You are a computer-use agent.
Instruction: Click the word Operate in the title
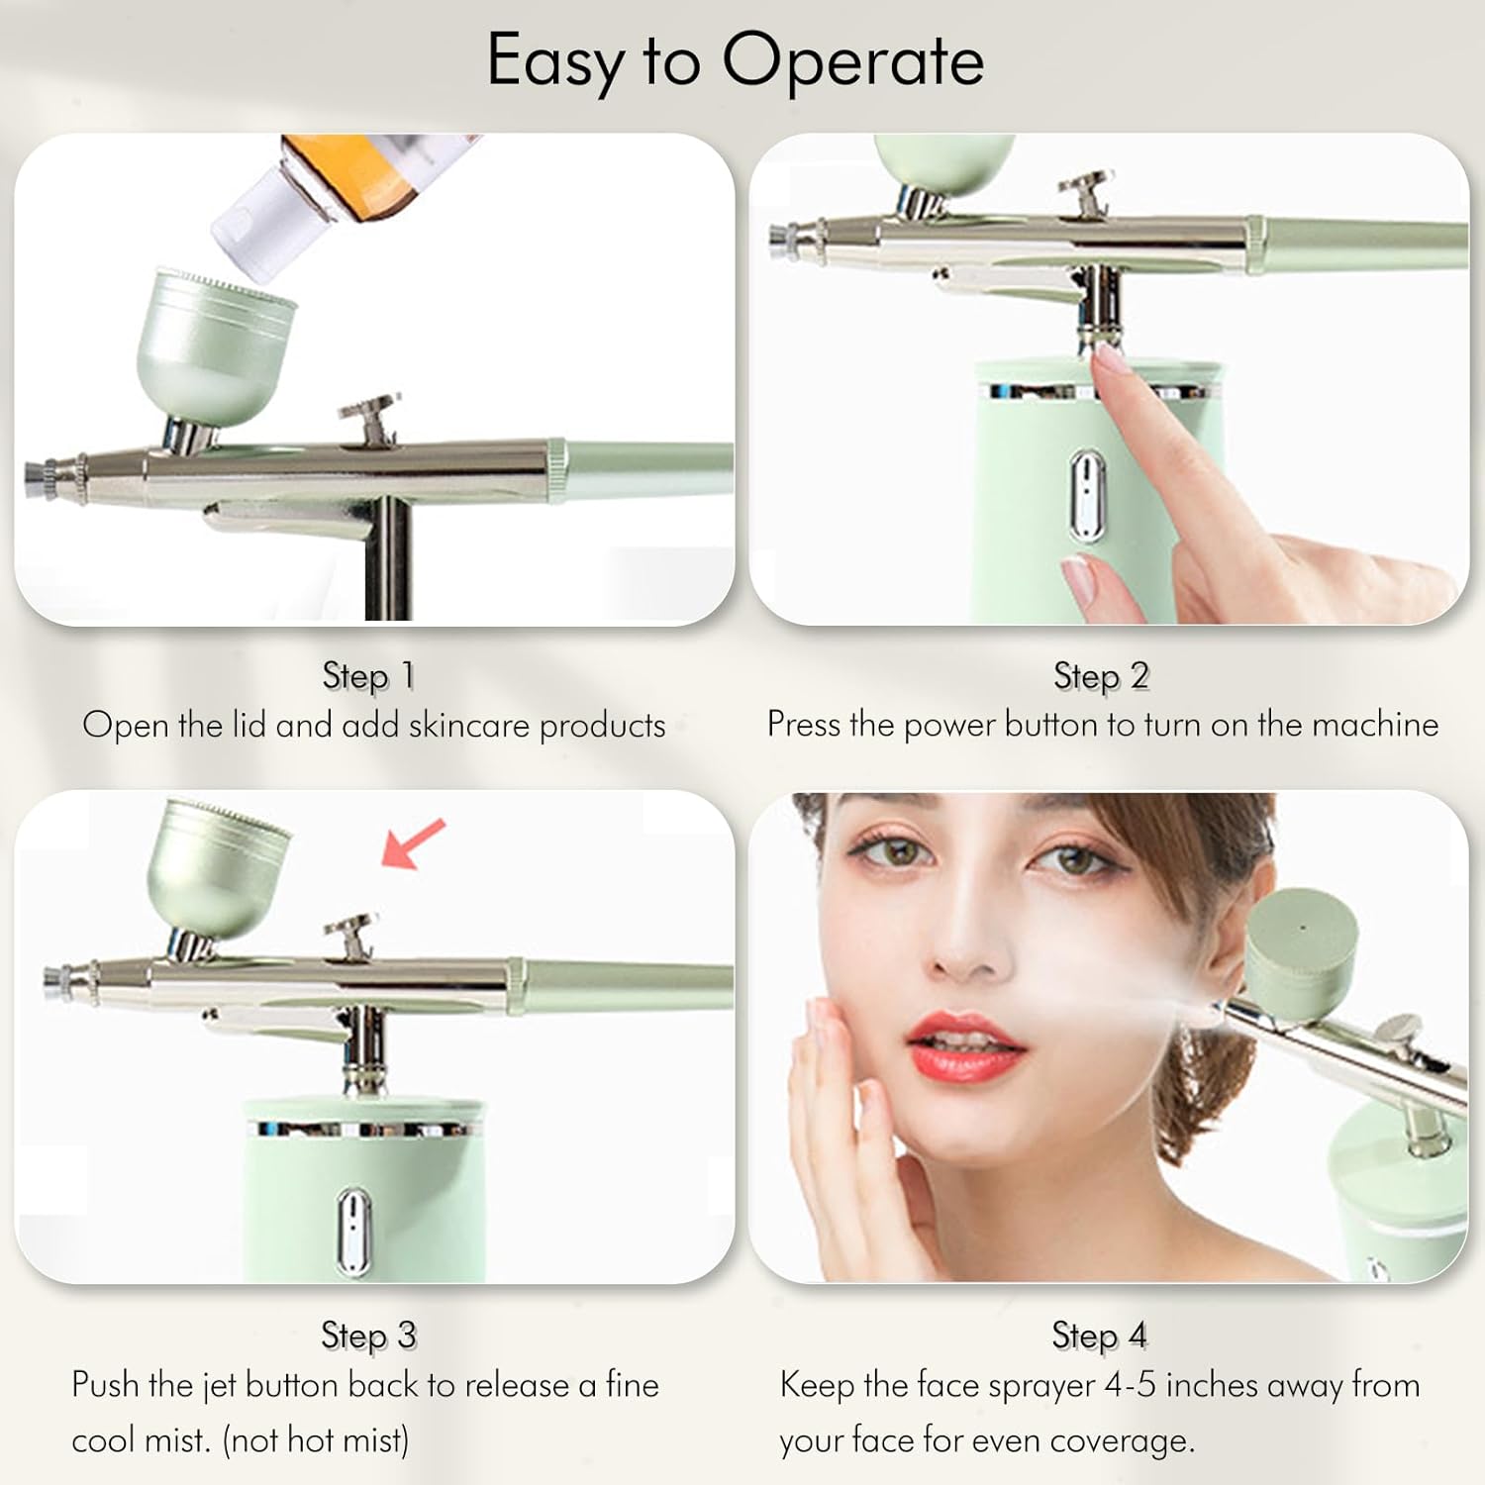click(x=852, y=61)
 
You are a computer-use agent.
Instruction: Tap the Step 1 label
click(x=368, y=676)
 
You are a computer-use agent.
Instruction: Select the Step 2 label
click(x=1101, y=676)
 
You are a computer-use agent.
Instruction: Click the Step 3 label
click(x=368, y=1335)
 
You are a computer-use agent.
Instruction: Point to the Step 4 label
click(x=1099, y=1335)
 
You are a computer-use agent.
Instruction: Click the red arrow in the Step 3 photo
click(x=413, y=843)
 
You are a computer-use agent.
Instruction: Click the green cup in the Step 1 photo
click(x=213, y=342)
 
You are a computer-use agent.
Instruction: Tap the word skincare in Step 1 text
click(x=469, y=726)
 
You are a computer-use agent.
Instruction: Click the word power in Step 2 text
click(x=949, y=726)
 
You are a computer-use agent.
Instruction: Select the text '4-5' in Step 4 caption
click(x=1130, y=1384)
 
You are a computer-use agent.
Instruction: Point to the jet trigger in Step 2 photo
click(x=1089, y=193)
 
